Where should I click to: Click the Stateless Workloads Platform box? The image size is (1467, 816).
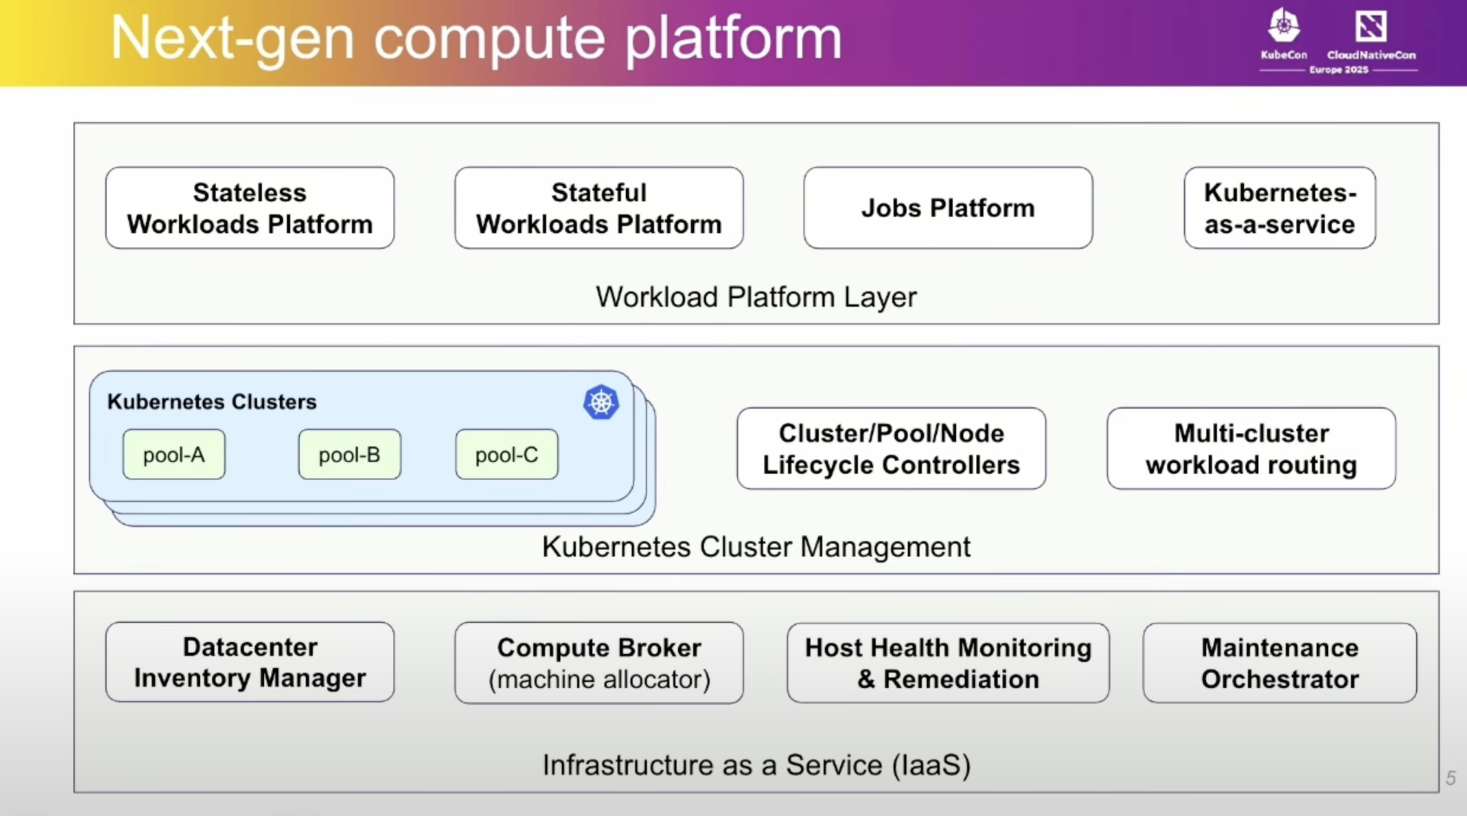[249, 208]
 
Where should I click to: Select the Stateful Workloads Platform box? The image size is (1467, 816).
[598, 208]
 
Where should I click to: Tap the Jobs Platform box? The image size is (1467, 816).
[947, 208]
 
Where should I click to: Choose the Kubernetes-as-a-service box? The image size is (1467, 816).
[1279, 208]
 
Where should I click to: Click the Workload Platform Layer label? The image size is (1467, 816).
[756, 297]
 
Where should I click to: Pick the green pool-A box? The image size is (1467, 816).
[174, 455]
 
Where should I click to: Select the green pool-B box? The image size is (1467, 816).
[349, 455]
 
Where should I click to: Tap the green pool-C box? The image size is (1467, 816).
[507, 455]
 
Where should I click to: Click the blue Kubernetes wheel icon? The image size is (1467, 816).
[601, 403]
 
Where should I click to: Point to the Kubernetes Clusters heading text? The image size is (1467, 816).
[212, 402]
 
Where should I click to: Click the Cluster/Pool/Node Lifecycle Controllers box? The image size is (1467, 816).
[891, 449]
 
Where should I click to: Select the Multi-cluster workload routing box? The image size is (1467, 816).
[1251, 449]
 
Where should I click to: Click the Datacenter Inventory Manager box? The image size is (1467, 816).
[249, 662]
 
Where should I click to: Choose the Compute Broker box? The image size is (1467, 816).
[598, 663]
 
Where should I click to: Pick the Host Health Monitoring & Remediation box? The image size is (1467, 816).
[947, 663]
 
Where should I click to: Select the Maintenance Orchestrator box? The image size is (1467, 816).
[1279, 663]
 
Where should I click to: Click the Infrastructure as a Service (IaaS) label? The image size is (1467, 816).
[756, 765]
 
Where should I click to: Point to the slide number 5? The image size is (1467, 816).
[1450, 778]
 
